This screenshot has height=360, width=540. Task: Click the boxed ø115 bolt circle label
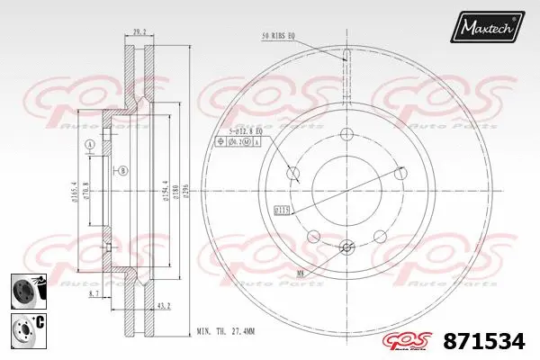pyautogui.click(x=281, y=210)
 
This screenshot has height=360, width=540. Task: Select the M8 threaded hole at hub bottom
pyautogui.click(x=347, y=247)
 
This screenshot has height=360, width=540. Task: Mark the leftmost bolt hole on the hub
pyautogui.click(x=291, y=173)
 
